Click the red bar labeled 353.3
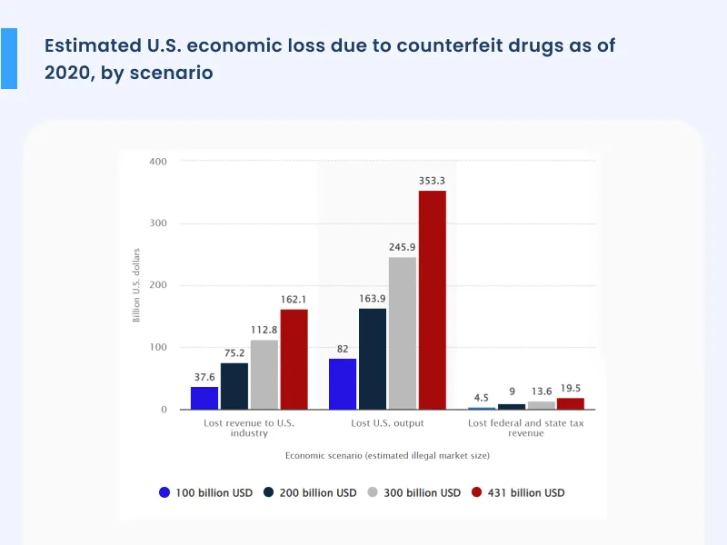click(432, 300)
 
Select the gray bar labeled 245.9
click(403, 333)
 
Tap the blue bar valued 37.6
click(204, 398)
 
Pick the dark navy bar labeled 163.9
click(373, 359)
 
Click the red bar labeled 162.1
click(294, 360)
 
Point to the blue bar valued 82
click(343, 384)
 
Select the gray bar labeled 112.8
click(264, 374)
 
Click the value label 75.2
click(234, 353)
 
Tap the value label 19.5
click(571, 388)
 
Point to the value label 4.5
click(482, 397)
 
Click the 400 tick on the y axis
click(159, 161)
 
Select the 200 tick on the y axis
click(159, 285)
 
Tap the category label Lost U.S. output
click(387, 423)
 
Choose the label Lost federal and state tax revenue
click(525, 428)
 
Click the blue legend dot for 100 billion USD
click(164, 492)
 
